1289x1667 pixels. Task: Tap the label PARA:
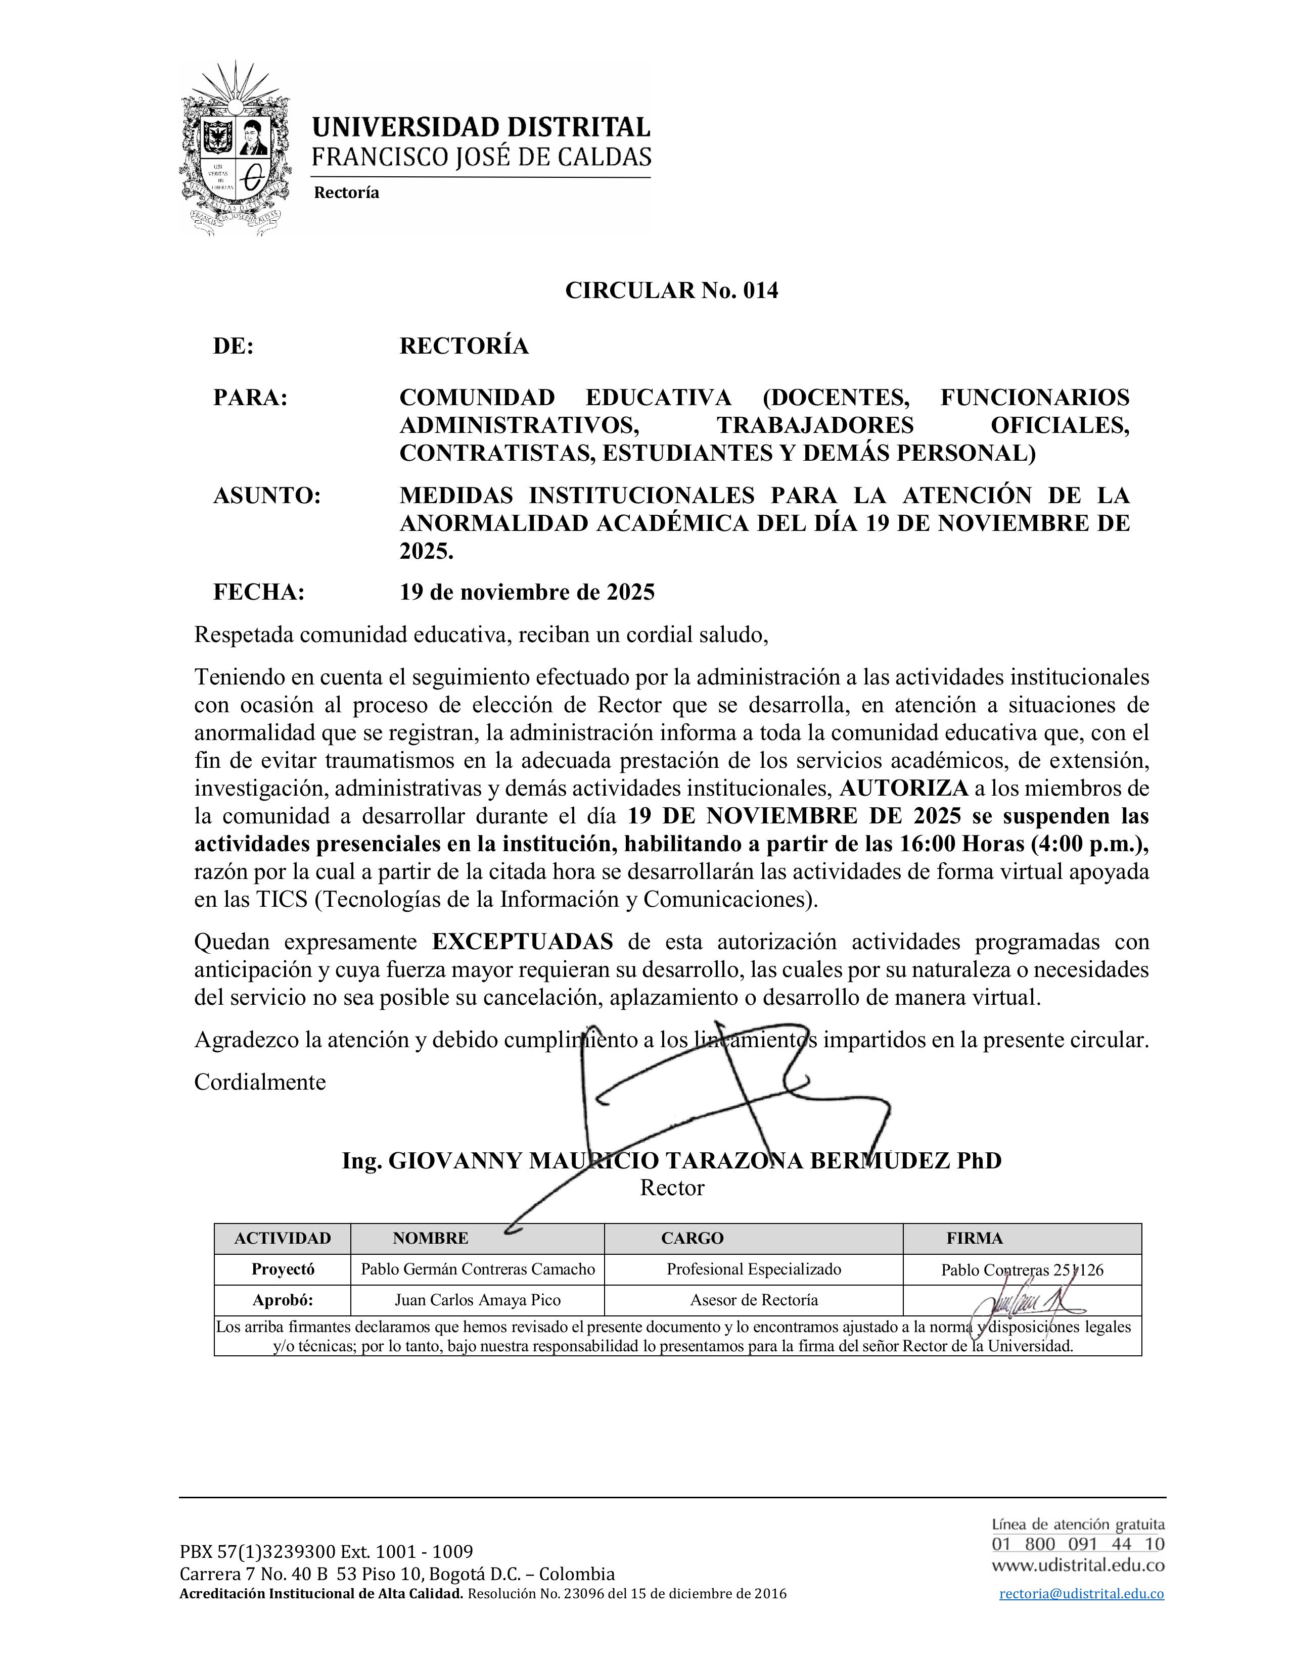250,398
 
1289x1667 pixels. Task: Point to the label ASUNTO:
266,496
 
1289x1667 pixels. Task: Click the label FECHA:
259,593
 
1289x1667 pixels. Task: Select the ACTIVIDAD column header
283,1238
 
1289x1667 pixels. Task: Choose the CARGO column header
692,1238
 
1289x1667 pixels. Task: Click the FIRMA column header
975,1238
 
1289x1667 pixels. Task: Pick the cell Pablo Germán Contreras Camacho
477,1269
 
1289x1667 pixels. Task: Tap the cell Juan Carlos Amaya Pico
477,1300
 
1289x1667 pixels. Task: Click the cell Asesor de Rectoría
754,1300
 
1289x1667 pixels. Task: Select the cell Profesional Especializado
754,1269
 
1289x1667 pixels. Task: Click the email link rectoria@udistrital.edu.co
1081,1594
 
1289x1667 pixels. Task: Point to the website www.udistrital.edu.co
1078,1565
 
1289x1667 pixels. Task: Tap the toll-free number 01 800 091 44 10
1078,1544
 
